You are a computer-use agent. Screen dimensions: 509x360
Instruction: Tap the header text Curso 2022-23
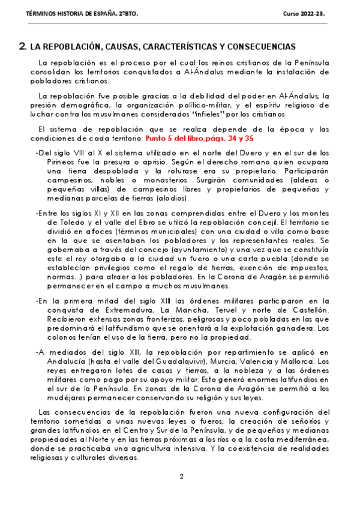point(304,13)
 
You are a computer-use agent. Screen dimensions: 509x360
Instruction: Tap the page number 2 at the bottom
point(181,477)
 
